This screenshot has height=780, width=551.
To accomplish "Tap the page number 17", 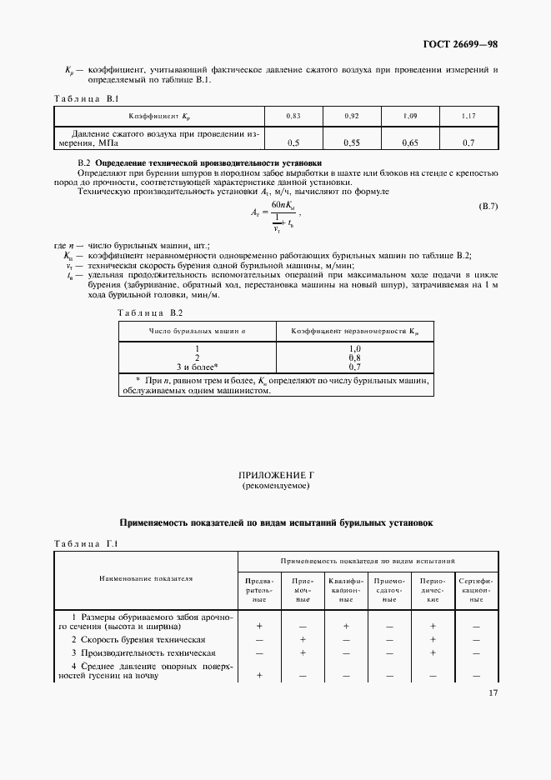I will (x=492, y=693).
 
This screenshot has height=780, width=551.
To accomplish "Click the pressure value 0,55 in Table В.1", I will (x=351, y=142).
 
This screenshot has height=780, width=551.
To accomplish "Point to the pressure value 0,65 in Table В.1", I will (x=409, y=142).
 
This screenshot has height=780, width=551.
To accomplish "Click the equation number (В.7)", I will (x=488, y=205).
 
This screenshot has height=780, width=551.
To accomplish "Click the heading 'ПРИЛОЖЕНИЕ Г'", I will (x=275, y=474).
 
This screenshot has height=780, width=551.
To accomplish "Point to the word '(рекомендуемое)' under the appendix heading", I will (x=275, y=484).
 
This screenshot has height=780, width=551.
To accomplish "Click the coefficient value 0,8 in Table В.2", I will (x=354, y=357).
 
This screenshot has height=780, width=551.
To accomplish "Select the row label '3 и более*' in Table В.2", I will (x=197, y=366).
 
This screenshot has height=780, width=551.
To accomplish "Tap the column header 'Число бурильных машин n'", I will (x=197, y=331).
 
